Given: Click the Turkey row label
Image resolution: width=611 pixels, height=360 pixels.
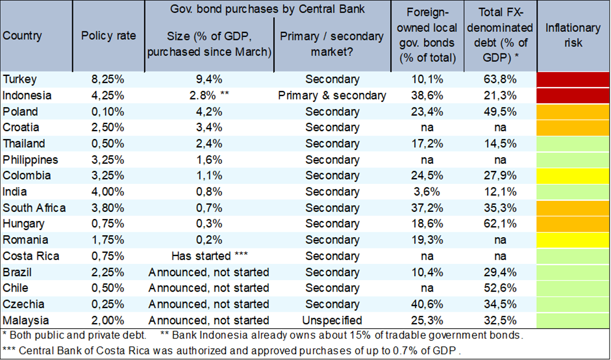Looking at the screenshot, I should coord(19,79).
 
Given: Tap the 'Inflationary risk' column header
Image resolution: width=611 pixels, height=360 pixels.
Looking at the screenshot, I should coord(573,36).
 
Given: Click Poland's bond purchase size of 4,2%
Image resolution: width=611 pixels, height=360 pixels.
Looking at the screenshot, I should coord(208,112).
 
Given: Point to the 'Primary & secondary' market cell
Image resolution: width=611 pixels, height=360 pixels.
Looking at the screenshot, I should coord(332,96).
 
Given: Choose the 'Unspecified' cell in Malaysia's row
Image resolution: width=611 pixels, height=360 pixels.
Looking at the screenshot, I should coord(332,320).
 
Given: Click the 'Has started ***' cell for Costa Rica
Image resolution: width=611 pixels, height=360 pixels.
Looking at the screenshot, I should coord(208,256).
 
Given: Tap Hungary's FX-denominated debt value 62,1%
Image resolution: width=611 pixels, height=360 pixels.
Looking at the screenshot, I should coord(505,224).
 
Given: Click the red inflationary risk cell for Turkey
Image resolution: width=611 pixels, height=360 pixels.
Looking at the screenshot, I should coord(573,79).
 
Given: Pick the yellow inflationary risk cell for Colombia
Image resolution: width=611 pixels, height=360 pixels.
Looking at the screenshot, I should coord(573,175).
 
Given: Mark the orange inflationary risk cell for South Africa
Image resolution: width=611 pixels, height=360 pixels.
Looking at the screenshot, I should coord(573,208).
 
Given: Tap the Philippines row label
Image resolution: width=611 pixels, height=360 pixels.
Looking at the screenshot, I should coord(30,160).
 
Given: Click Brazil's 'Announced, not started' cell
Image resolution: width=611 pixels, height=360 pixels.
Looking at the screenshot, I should coord(208,272).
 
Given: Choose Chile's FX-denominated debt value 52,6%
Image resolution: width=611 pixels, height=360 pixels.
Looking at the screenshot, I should coord(505,288).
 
